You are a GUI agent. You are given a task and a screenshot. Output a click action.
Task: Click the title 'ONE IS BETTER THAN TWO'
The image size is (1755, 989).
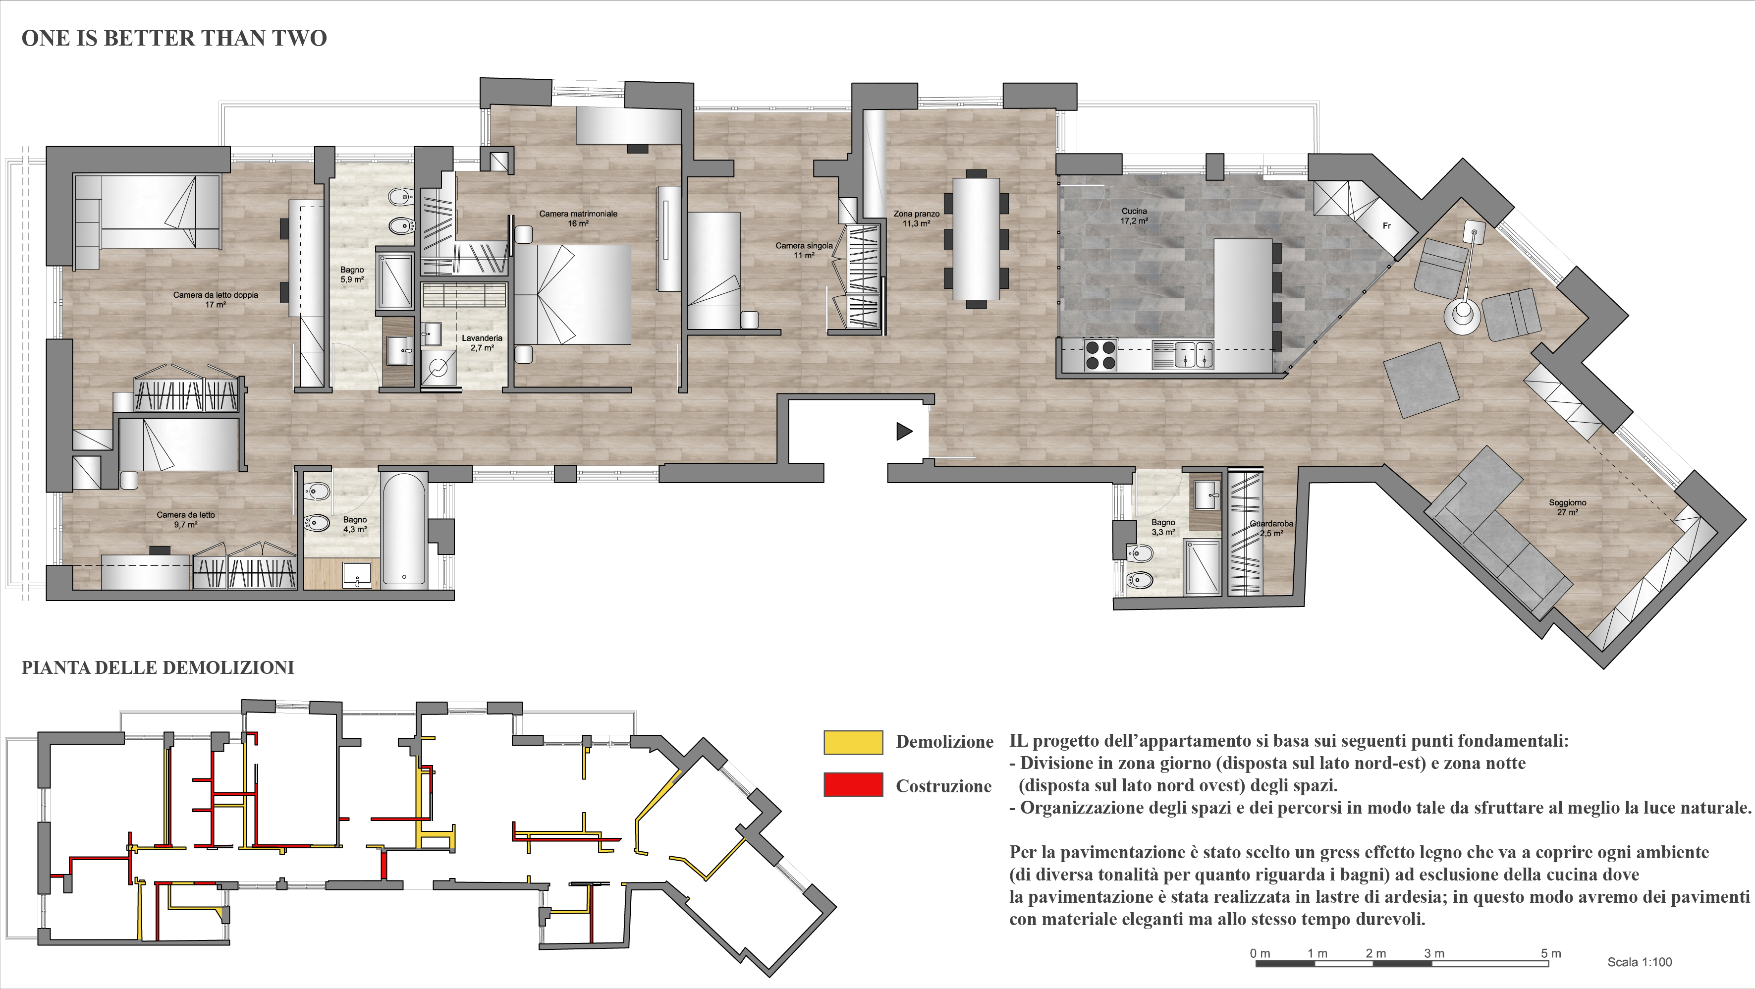point(174,38)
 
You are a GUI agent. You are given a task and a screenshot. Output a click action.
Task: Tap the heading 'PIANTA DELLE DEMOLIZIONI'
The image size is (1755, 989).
point(158,667)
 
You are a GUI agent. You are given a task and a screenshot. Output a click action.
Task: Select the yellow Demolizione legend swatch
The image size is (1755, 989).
point(853,742)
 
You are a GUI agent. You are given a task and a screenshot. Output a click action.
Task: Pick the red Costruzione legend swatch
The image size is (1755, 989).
point(853,785)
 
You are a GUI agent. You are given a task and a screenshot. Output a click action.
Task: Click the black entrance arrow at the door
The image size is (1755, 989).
point(904,431)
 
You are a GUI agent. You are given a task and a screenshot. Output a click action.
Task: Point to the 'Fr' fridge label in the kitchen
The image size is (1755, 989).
point(1386,226)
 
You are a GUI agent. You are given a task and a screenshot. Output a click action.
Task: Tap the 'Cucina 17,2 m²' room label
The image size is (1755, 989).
point(1134,216)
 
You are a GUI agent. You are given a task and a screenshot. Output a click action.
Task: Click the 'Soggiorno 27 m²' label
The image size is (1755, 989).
point(1568,507)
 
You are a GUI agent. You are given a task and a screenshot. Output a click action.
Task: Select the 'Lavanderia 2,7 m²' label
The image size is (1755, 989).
point(482,342)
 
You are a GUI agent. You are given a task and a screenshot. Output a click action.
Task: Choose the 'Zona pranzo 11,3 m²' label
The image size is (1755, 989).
point(916,219)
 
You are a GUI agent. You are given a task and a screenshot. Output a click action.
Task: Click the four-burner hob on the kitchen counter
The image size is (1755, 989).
point(1100,354)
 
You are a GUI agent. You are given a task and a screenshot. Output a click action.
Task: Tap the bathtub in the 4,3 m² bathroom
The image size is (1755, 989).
point(404,529)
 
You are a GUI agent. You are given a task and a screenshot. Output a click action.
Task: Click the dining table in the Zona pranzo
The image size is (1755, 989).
point(976,238)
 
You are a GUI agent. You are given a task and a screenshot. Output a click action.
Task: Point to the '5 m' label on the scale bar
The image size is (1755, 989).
point(1551,954)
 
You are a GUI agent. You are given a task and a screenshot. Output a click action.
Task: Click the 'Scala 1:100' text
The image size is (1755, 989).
point(1639,962)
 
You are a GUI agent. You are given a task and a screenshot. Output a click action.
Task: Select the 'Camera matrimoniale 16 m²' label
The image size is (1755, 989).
point(578,218)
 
